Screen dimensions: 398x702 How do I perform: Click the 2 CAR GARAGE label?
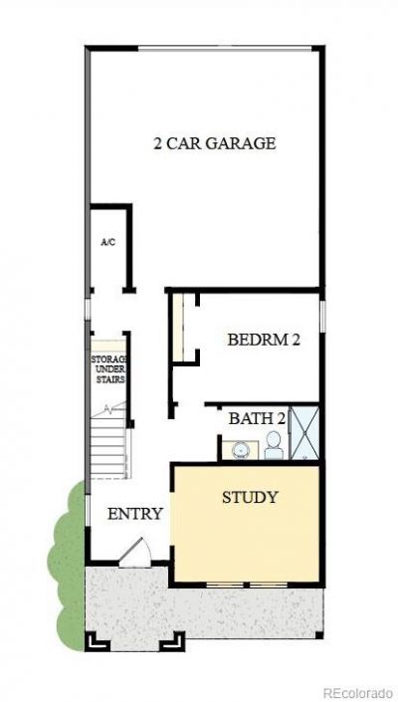click(x=214, y=143)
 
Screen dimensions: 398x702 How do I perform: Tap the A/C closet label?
click(x=108, y=242)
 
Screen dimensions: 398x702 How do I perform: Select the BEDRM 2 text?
click(x=264, y=340)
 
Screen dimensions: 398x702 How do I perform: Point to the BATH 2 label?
click(x=257, y=418)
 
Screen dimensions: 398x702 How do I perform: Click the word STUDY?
click(x=250, y=497)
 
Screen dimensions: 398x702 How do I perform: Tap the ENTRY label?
click(x=135, y=514)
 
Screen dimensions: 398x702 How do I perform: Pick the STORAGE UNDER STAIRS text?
click(x=108, y=369)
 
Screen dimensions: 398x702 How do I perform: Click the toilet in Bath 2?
click(x=275, y=445)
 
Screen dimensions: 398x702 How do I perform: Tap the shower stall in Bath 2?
click(x=304, y=432)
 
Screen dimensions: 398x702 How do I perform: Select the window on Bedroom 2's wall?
click(x=322, y=316)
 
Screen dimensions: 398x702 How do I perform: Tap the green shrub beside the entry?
click(x=67, y=565)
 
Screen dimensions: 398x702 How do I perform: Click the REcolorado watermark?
click(x=360, y=693)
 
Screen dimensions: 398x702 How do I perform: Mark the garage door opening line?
click(x=225, y=48)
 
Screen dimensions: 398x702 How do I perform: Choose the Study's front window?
click(x=248, y=585)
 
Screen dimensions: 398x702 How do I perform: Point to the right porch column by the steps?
click(x=172, y=640)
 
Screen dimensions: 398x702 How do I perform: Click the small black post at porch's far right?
click(x=318, y=635)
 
